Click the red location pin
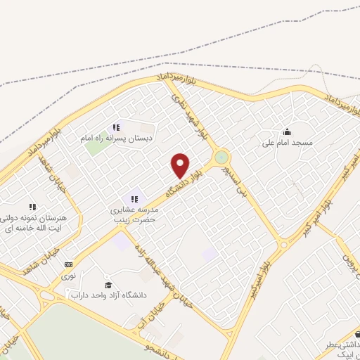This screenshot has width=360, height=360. coord(181,165)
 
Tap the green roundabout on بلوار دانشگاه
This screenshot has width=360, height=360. coord(221,157)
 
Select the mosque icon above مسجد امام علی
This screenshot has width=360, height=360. coord(286,131)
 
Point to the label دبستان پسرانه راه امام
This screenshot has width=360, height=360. coord(117,139)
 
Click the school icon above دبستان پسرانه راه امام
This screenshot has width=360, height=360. coord(117,127)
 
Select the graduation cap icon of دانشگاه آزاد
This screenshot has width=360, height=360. coord(108,285)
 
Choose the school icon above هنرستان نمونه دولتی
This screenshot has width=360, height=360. coord(32,207)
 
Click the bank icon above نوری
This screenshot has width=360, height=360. coord(68,264)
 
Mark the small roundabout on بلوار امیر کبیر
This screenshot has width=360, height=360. coord(283,244)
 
